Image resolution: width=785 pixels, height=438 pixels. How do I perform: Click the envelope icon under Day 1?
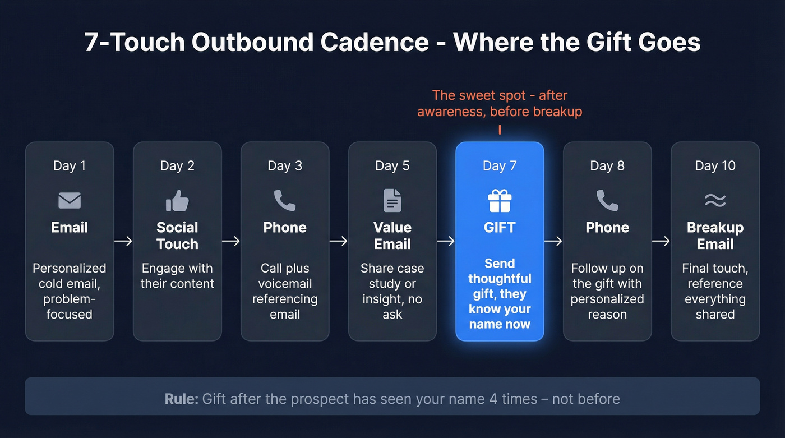point(70,200)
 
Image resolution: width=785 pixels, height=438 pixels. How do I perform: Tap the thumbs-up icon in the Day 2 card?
point(177,200)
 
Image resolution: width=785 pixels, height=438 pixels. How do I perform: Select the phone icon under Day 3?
point(285,200)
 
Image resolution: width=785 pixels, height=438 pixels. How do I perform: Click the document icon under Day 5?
point(392,200)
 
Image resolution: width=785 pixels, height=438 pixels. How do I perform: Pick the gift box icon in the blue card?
point(500,200)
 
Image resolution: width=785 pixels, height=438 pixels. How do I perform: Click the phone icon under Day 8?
point(607,200)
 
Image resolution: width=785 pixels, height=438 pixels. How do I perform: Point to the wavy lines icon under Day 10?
point(715,200)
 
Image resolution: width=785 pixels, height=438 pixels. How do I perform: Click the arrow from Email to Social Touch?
point(123,241)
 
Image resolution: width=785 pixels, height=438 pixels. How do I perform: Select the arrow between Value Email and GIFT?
point(446,241)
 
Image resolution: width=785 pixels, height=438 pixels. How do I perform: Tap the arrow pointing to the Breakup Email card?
point(661,241)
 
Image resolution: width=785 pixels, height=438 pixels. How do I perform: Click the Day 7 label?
point(500,166)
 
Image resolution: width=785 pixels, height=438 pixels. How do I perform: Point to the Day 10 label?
point(715,166)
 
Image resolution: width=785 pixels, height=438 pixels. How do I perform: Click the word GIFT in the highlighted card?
point(500,228)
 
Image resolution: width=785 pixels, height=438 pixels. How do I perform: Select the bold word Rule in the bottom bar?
point(181,399)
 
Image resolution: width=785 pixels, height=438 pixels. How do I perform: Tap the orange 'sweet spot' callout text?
point(500,103)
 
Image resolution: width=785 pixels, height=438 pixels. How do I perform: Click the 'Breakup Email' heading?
point(715,236)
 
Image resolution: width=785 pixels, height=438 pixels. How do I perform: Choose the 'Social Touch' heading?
point(177,236)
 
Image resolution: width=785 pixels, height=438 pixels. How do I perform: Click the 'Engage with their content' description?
point(177,276)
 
